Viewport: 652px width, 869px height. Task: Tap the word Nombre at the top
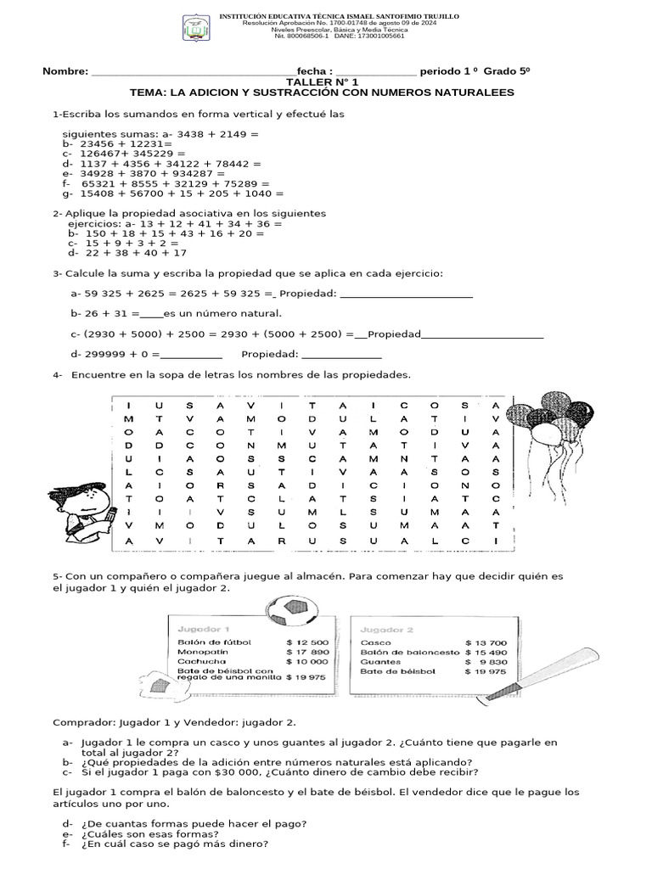point(65,71)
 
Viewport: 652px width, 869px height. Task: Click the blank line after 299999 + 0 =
point(191,354)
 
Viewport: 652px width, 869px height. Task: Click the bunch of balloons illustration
point(556,417)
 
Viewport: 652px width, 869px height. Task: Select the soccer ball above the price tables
point(293,611)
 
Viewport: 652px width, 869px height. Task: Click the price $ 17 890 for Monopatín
point(307,652)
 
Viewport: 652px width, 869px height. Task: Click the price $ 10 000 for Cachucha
point(307,661)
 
